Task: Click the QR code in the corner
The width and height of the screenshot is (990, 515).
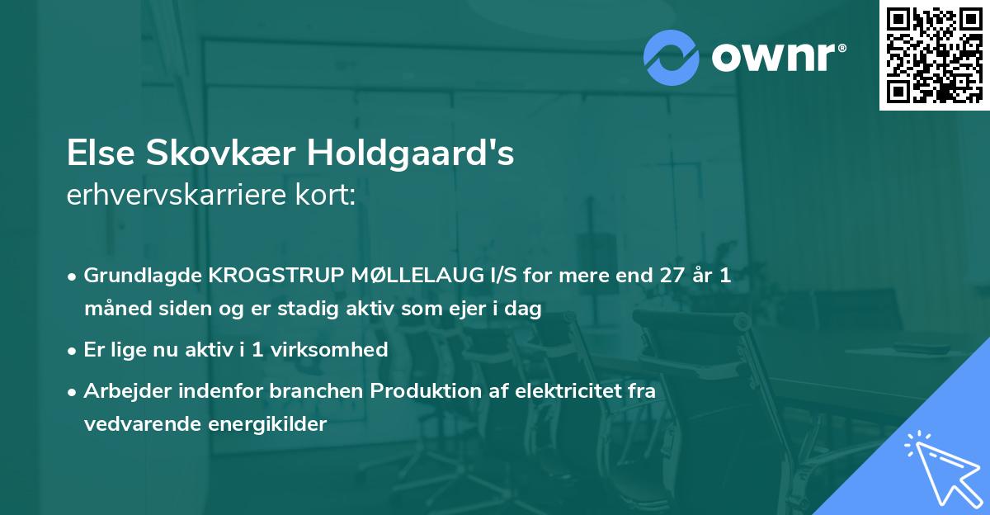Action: point(934,55)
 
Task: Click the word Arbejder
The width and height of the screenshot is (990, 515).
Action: point(123,391)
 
